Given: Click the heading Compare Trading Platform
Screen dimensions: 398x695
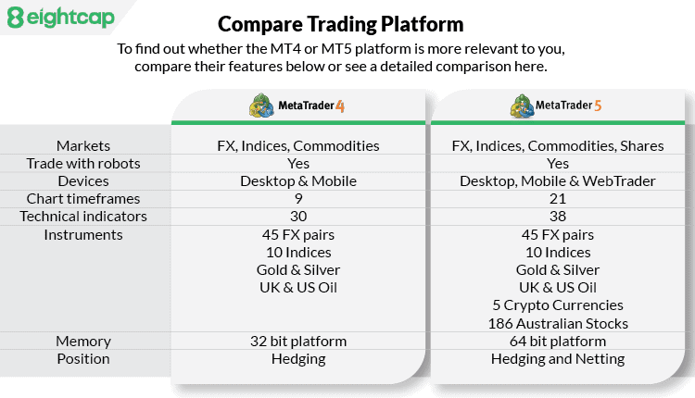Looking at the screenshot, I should (340, 23).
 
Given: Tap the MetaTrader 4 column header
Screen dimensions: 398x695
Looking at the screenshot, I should (297, 106).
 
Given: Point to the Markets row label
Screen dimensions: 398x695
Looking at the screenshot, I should (83, 145).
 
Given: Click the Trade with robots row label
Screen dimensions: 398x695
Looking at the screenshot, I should (83, 163).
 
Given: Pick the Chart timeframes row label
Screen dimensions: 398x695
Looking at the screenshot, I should (83, 199).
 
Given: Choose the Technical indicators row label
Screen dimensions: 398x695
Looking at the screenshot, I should (83, 217).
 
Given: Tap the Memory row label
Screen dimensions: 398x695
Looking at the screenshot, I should (83, 341).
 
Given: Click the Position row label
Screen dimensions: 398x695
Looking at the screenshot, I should (83, 358).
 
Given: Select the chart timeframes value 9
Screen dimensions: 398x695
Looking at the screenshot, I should (297, 199).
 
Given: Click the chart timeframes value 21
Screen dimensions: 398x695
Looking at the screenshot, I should (557, 199).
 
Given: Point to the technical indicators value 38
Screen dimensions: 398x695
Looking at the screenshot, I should (557, 217).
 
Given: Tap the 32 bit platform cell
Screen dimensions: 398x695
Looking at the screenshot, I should (297, 341).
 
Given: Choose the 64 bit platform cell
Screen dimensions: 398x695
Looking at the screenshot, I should (557, 341).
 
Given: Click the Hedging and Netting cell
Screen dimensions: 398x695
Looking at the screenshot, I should (557, 358).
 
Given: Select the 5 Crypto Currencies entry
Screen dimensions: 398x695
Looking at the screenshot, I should (557, 305).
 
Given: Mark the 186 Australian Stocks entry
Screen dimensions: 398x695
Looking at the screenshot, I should (557, 323).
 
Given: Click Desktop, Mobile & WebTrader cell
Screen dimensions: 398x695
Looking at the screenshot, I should (557, 180).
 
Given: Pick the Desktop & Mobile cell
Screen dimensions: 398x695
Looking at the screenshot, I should (297, 180).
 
